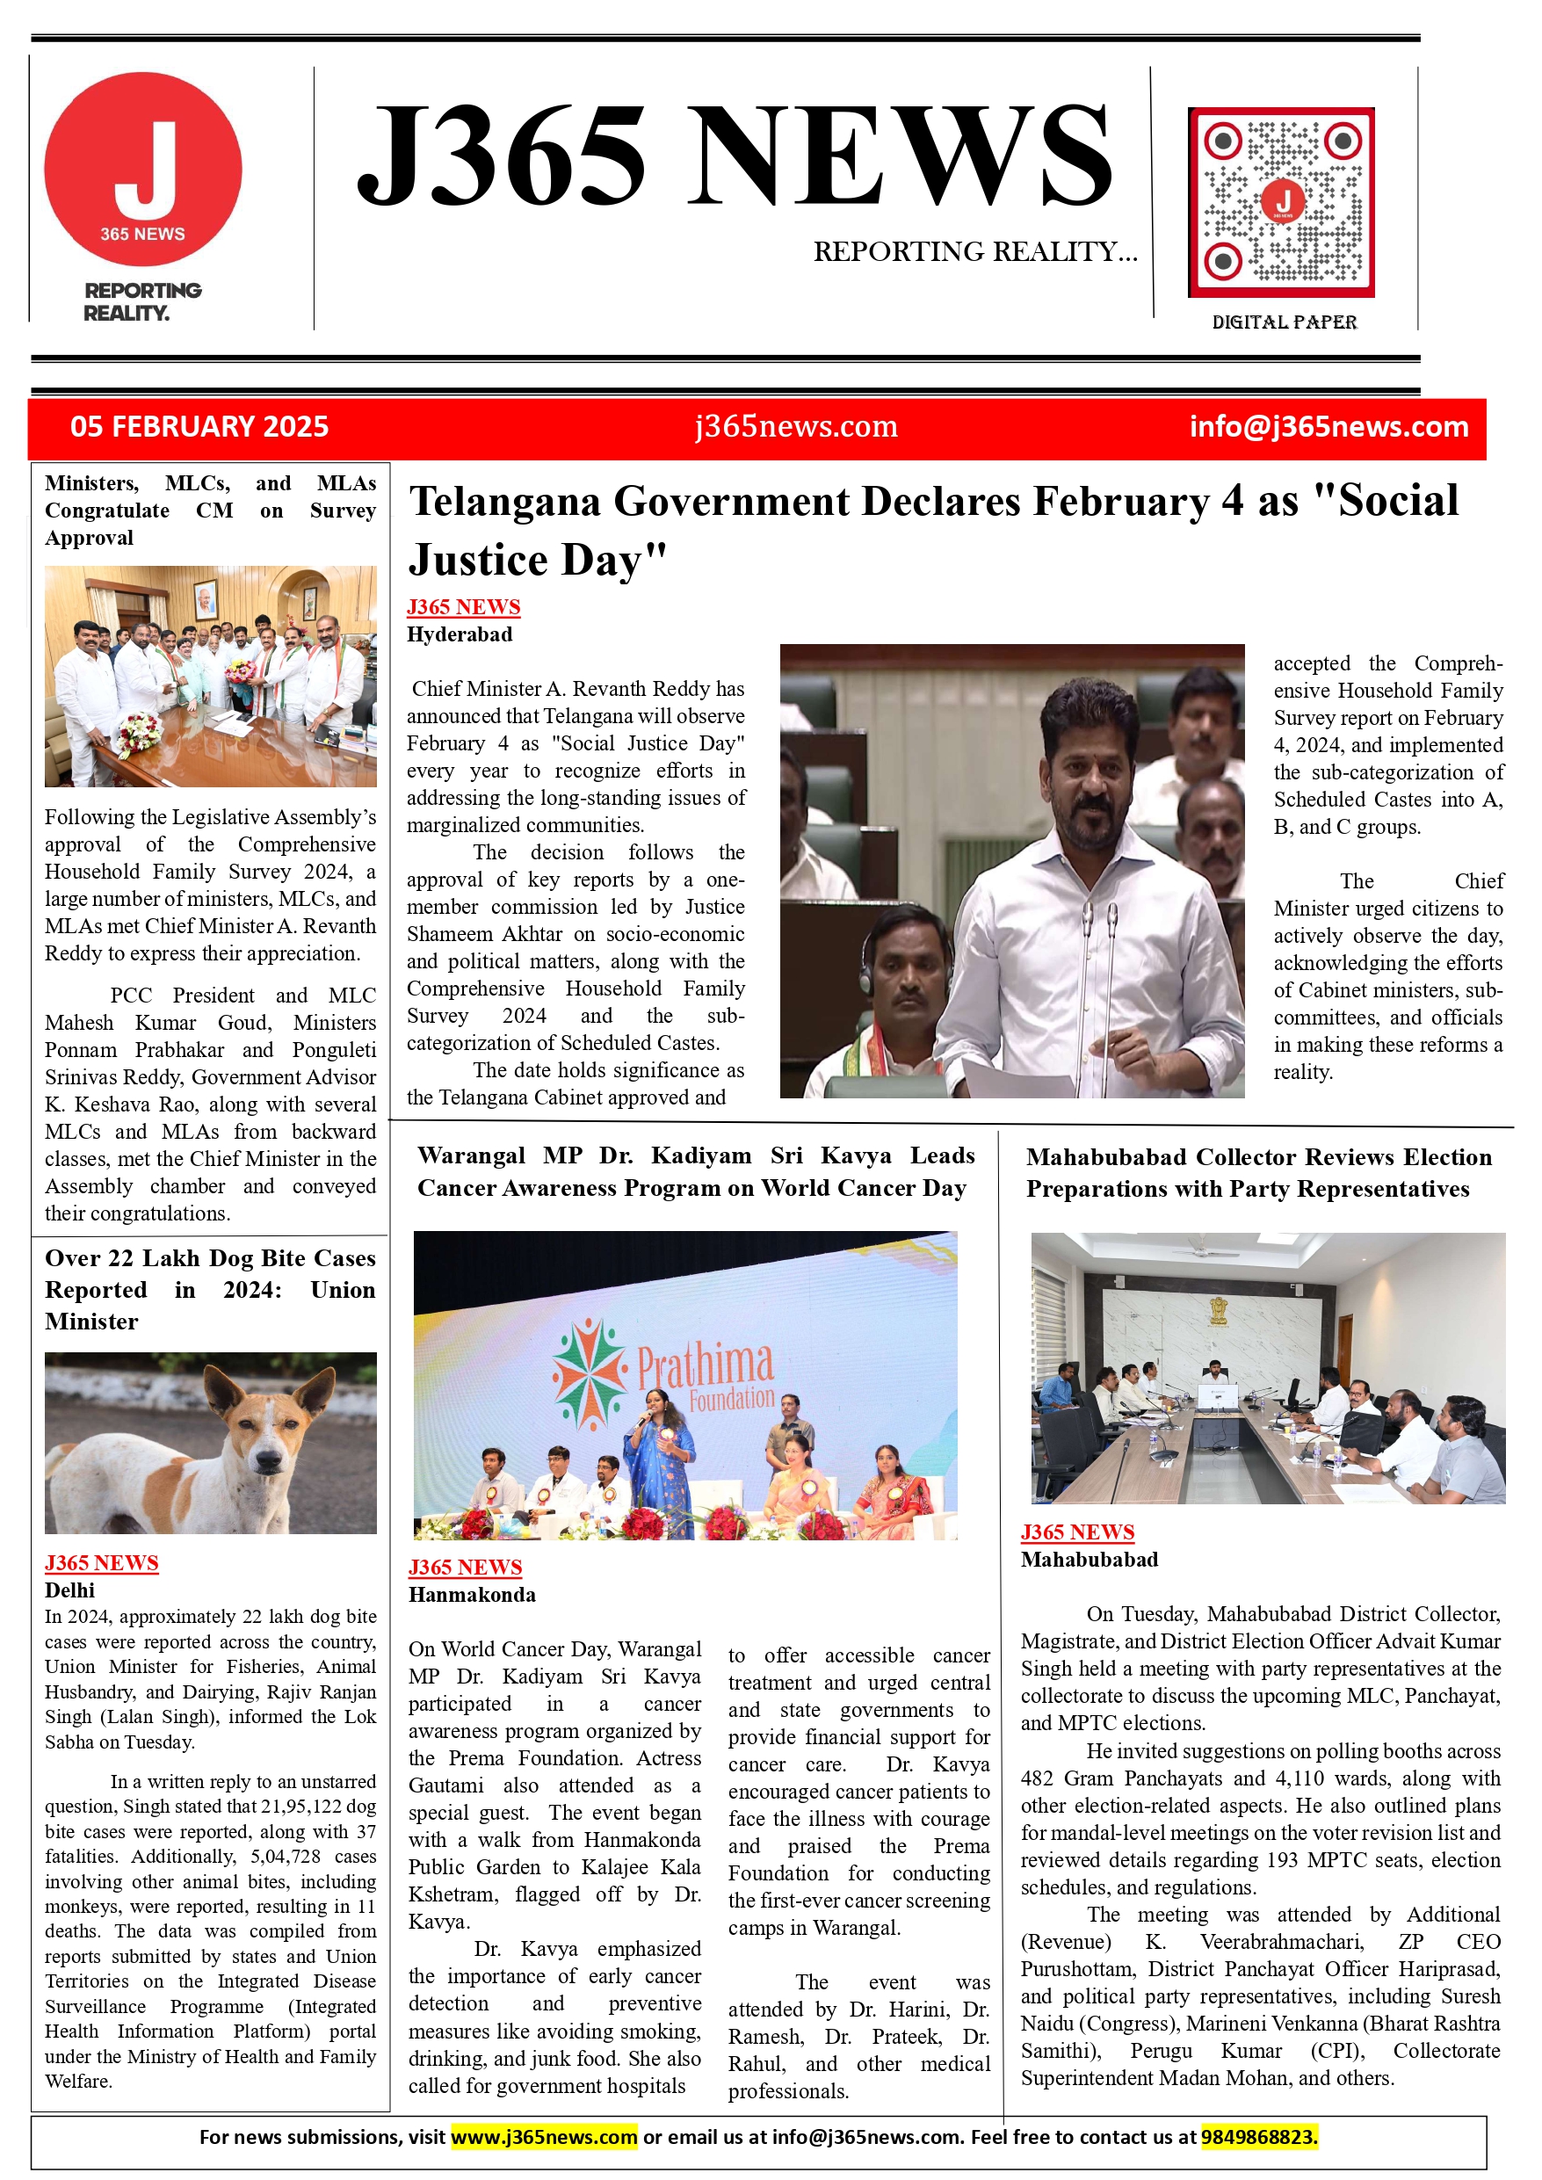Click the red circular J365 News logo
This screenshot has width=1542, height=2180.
point(142,169)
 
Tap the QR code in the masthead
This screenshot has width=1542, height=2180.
point(1281,202)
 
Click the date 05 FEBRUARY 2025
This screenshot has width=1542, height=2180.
point(199,426)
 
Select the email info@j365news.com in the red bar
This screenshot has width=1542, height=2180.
point(1328,426)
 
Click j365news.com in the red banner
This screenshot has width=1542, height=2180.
point(796,426)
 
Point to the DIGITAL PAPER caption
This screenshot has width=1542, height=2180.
point(1284,322)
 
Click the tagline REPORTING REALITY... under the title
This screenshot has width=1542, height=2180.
point(975,251)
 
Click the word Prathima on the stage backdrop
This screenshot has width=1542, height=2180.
point(705,1365)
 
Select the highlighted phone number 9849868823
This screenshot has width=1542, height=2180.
point(1259,2136)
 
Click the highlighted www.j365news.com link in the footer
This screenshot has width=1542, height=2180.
point(543,2136)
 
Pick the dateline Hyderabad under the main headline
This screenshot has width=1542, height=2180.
point(460,634)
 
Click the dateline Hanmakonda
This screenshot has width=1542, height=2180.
point(472,1594)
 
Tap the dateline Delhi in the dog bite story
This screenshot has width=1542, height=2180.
point(69,1590)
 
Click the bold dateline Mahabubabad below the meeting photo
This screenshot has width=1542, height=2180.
point(1090,1559)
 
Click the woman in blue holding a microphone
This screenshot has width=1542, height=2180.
point(656,1452)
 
